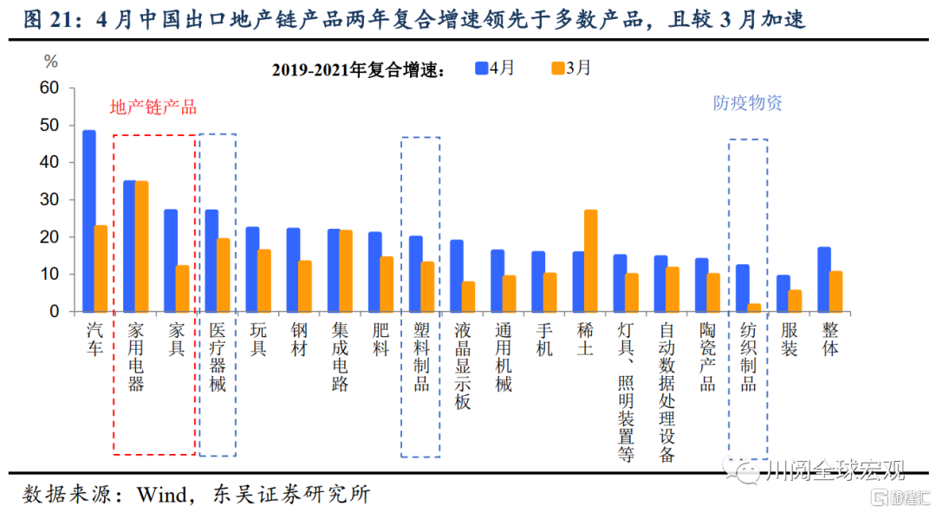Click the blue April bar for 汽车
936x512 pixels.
[x=89, y=220]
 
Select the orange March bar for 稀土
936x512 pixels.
[x=591, y=260]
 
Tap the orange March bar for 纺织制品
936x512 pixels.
[x=755, y=307]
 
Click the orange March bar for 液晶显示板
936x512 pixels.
[x=469, y=295]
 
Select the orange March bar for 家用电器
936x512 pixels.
[x=142, y=245]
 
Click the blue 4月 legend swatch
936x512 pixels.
[x=482, y=68]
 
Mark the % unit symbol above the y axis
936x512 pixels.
[x=51, y=62]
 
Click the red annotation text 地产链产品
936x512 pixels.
[x=153, y=107]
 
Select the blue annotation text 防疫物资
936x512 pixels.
[x=748, y=103]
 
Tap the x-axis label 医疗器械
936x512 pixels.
[x=218, y=355]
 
